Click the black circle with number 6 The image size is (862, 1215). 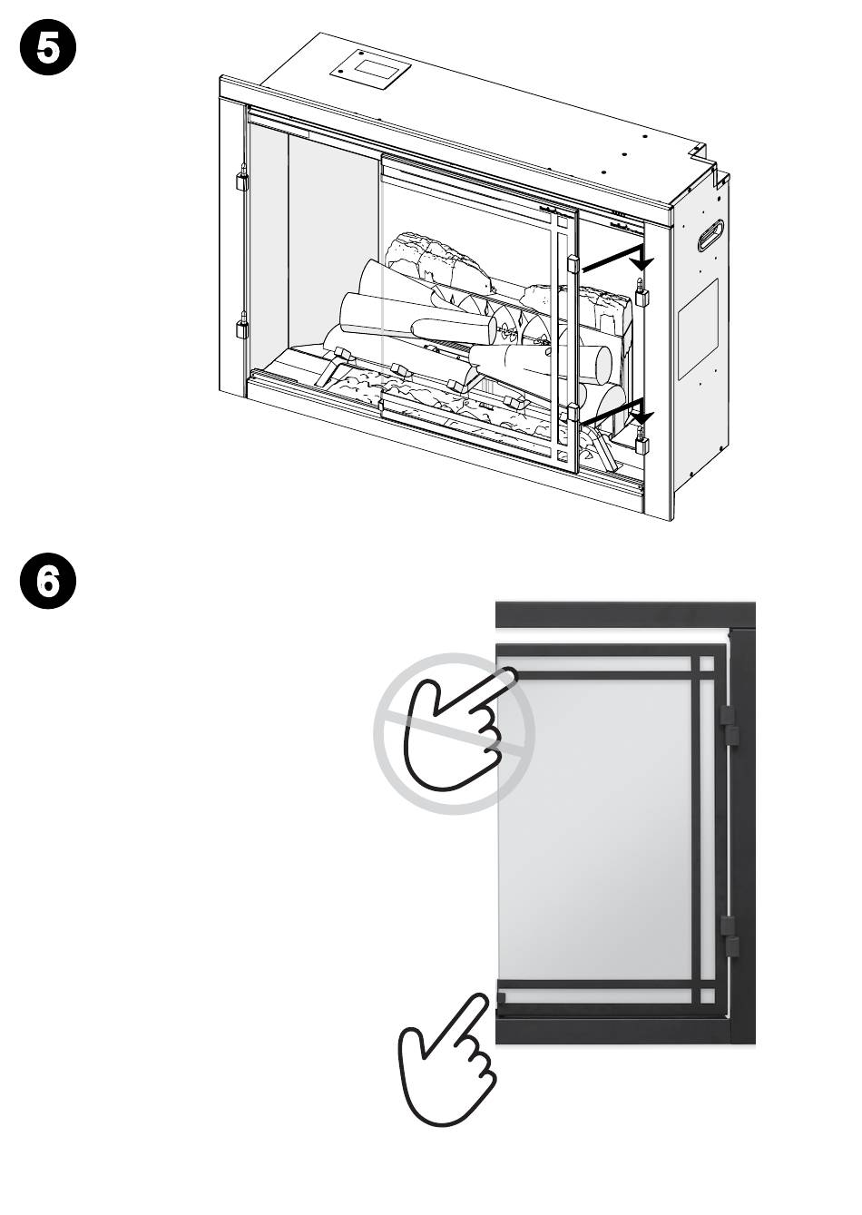48,582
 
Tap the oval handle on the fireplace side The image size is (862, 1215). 711,234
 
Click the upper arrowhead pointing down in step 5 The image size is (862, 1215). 642,262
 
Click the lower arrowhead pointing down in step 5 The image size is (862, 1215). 642,416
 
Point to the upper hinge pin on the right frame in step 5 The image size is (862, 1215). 642,292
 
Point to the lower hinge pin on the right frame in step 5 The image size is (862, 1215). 642,440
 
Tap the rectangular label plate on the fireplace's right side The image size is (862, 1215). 699,328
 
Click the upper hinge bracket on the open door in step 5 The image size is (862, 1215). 573,264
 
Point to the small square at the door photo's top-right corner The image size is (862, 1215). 708,664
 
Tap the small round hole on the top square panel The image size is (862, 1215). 340,70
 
